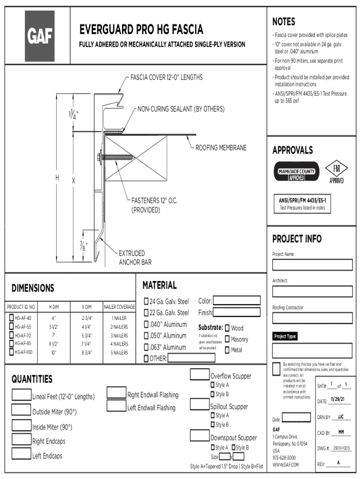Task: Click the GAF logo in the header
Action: point(40,36)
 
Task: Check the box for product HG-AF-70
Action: point(12,335)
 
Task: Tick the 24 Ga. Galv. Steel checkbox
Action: point(146,301)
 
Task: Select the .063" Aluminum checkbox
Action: point(146,348)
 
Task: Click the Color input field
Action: point(237,301)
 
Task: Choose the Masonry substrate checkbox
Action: point(227,339)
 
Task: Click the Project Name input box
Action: point(312,265)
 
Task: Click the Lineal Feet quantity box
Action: point(22,395)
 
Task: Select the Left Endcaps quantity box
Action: point(22,454)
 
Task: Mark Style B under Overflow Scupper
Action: point(212,394)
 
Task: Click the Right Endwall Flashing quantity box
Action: point(116,393)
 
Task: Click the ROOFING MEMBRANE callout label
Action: point(221,148)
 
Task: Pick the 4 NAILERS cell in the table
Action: point(119,344)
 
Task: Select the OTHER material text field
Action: point(191,358)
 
